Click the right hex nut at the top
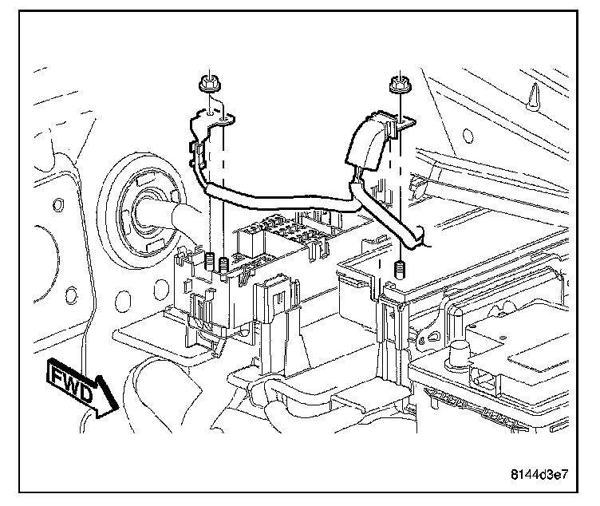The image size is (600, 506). [x=398, y=84]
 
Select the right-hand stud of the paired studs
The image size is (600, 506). [x=224, y=263]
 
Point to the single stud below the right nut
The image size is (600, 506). [x=398, y=268]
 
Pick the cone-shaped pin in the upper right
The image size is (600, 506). [x=532, y=98]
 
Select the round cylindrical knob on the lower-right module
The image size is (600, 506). [x=460, y=351]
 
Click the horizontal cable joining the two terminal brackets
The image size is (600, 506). [x=279, y=200]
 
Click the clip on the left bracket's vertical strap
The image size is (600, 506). [x=196, y=152]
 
